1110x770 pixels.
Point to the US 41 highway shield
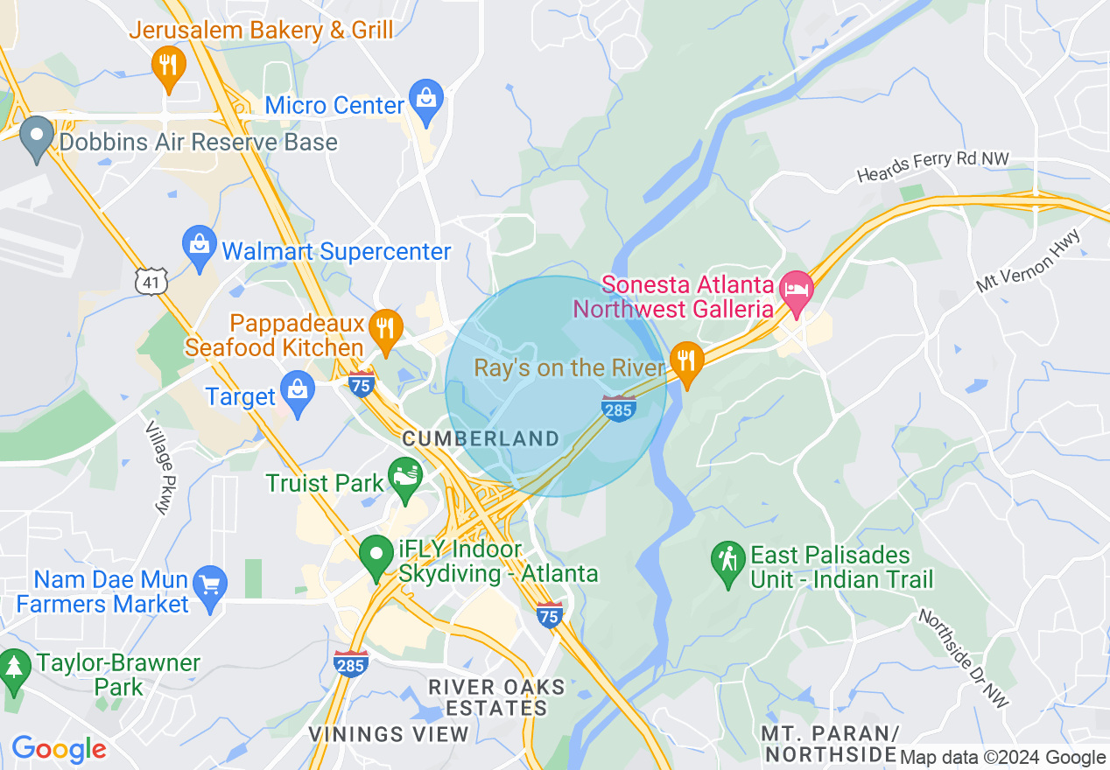point(149,280)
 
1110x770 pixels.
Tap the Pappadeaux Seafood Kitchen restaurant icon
point(384,329)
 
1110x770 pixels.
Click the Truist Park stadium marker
point(406,478)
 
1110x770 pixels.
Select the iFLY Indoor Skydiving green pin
point(377,556)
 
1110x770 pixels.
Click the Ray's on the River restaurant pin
point(687,362)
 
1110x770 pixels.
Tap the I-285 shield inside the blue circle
point(619,408)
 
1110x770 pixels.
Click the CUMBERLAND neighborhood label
point(481,438)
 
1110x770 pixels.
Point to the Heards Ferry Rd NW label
point(933,167)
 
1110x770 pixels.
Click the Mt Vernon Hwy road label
point(1030,261)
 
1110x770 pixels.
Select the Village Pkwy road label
point(158,468)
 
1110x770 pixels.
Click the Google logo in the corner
point(59,749)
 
